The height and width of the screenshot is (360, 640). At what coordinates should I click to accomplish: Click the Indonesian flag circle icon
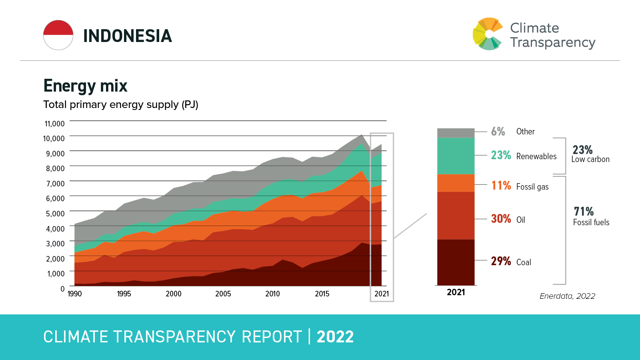tap(58, 35)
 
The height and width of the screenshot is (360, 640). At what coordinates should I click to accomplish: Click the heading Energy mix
tap(85, 86)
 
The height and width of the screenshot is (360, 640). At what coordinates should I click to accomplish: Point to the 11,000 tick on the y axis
tap(54, 124)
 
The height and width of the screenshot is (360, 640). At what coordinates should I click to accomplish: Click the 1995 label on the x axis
tap(124, 294)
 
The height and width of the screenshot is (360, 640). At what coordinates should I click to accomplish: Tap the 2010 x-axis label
tap(272, 294)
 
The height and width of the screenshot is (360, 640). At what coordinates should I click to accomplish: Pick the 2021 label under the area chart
tap(382, 294)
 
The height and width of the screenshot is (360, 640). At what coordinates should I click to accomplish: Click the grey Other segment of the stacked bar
tap(456, 133)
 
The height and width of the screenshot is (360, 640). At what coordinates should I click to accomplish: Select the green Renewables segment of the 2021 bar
tap(456, 156)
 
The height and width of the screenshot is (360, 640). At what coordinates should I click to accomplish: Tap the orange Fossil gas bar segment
tap(456, 183)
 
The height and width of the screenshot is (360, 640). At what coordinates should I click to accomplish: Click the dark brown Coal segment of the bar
tap(456, 262)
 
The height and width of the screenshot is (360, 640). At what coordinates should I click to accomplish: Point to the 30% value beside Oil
tap(501, 219)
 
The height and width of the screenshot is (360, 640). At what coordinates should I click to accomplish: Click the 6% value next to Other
tap(498, 132)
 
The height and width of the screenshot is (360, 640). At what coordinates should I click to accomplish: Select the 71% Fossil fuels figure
tap(584, 211)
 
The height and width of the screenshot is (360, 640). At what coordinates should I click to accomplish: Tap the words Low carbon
tap(590, 159)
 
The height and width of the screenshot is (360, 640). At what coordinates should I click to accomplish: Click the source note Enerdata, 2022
tap(567, 296)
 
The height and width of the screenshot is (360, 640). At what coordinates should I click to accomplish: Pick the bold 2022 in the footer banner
tap(335, 337)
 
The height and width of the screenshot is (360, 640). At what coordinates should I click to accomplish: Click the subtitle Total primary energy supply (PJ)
tap(121, 105)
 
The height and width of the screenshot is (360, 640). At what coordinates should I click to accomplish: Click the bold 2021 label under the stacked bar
tap(456, 292)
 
